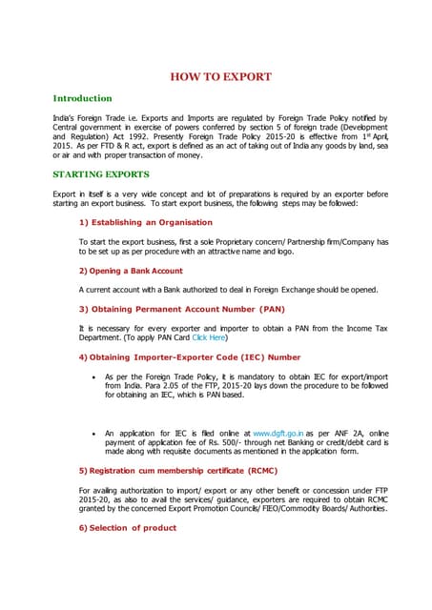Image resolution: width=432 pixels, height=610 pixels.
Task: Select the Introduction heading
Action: [x=82, y=98]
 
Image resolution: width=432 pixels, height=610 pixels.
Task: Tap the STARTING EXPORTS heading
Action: [x=100, y=174]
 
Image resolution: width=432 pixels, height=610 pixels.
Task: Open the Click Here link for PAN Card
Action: [x=209, y=337]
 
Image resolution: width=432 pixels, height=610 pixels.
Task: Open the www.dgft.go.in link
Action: [x=278, y=433]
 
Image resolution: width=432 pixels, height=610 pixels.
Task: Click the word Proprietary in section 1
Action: [x=237, y=242]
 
